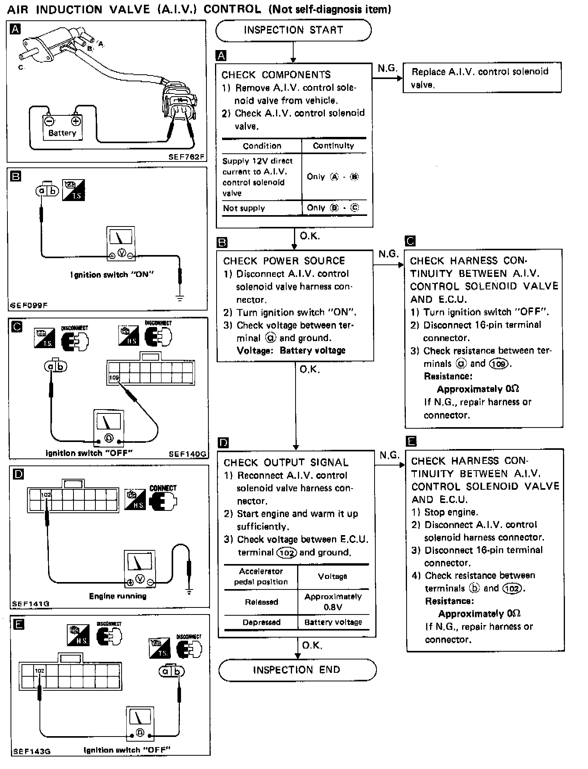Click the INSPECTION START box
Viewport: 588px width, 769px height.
(293, 31)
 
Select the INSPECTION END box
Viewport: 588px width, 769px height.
(297, 670)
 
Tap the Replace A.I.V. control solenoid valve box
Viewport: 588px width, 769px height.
(482, 78)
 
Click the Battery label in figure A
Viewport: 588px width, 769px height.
(62, 133)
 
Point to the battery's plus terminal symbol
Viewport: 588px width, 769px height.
(76, 121)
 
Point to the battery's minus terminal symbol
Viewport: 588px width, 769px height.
(49, 121)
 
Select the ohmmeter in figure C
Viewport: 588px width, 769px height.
(109, 428)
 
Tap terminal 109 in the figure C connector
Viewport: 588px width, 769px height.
(114, 378)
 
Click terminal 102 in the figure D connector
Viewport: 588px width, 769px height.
(46, 495)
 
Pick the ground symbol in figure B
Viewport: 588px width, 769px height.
(180, 298)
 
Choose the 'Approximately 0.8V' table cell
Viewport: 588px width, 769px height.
(333, 602)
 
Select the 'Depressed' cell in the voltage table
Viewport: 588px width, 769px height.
(261, 622)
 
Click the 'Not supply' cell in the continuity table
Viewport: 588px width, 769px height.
(244, 208)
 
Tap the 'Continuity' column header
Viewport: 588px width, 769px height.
(333, 146)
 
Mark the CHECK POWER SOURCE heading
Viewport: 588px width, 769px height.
(284, 261)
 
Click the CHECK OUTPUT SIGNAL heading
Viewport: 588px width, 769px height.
(286, 463)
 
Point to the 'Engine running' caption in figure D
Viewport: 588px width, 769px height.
(118, 596)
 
